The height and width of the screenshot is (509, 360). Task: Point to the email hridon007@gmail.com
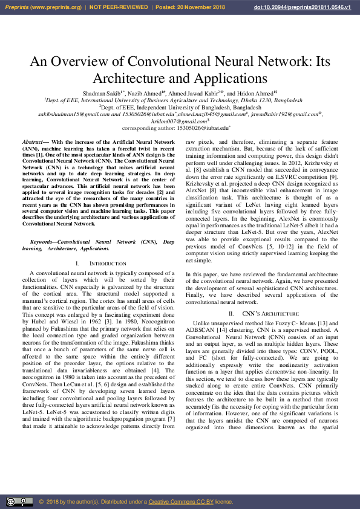pyautogui.click(x=178, y=121)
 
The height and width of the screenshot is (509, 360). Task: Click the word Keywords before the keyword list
pyautogui.click(x=47, y=242)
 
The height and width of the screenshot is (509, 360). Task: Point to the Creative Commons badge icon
pyautogui.click(x=19, y=502)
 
